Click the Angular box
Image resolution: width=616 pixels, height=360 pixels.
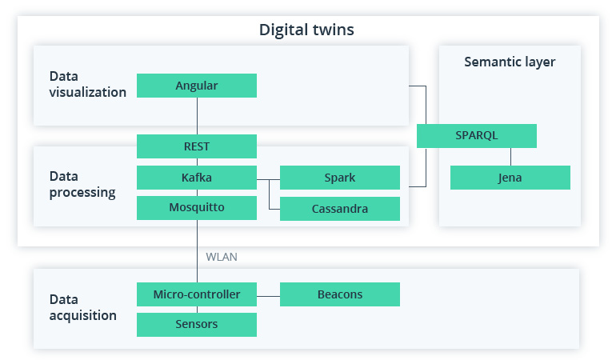pyautogui.click(x=197, y=86)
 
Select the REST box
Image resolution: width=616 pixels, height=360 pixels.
pyautogui.click(x=197, y=146)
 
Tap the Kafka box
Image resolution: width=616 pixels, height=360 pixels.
pyautogui.click(x=197, y=177)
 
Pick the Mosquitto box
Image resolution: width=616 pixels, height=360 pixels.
pyautogui.click(x=197, y=207)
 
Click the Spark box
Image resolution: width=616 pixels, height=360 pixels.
pyautogui.click(x=340, y=177)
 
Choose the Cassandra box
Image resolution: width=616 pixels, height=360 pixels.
pyautogui.click(x=340, y=209)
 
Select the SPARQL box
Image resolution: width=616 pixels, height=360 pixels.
pyautogui.click(x=477, y=135)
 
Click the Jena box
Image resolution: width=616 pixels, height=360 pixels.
pyautogui.click(x=510, y=178)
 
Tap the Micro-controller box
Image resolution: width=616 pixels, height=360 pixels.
pyautogui.click(x=197, y=294)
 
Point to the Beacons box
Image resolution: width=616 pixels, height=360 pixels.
pyautogui.click(x=340, y=294)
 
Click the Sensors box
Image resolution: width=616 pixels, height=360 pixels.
pyautogui.click(x=197, y=324)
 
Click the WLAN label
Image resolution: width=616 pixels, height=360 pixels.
pyautogui.click(x=222, y=257)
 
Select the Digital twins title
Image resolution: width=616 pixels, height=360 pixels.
pyautogui.click(x=306, y=30)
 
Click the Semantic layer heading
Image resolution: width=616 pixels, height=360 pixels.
pyautogui.click(x=510, y=62)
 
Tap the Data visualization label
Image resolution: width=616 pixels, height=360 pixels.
pyautogui.click(x=88, y=84)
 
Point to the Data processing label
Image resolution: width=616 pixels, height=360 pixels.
pyautogui.click(x=82, y=184)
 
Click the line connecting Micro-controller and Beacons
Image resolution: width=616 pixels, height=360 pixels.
pyautogui.click(x=268, y=294)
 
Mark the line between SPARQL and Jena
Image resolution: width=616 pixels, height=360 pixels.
pyautogui.click(x=510, y=156)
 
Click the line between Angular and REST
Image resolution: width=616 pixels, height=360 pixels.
pyautogui.click(x=197, y=116)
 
